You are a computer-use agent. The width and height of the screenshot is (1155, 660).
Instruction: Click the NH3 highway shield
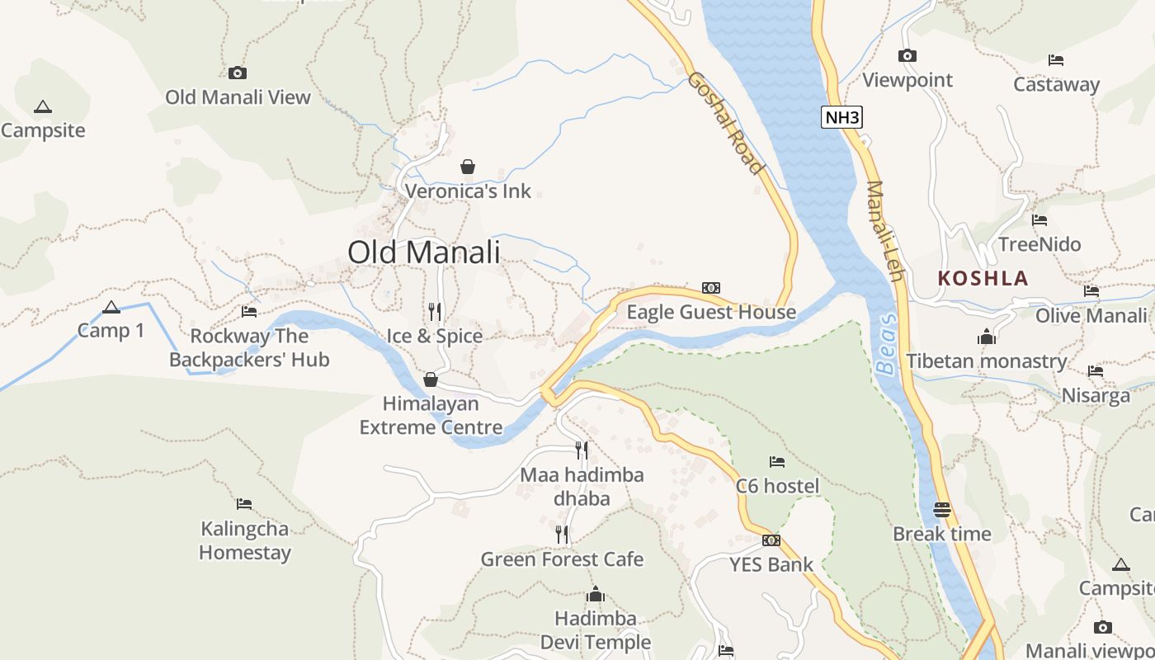842,117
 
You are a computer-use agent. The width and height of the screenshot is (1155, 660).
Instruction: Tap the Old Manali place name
423,252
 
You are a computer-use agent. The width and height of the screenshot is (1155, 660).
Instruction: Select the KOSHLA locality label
983,278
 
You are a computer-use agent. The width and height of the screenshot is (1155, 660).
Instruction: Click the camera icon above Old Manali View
238,73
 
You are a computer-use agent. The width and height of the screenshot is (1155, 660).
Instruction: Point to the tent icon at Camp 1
111,308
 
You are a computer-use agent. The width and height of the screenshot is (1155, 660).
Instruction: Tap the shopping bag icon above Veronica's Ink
468,167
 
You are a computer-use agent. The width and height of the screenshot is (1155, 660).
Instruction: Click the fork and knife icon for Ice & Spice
435,311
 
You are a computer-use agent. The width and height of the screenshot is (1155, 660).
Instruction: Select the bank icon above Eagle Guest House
710,287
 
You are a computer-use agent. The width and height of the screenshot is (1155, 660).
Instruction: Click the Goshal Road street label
726,123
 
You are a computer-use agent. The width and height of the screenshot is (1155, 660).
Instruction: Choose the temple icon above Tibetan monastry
986,337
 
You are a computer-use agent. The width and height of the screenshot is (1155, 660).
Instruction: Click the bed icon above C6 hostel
776,461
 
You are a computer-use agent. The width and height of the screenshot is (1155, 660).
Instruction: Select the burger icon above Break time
942,509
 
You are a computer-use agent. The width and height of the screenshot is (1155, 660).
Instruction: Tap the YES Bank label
771,565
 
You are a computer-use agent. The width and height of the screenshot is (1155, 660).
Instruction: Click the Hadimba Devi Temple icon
595,594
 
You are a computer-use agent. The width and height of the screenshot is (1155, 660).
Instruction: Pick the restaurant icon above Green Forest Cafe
562,535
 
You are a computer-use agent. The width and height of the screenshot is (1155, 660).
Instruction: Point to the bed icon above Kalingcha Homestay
243,503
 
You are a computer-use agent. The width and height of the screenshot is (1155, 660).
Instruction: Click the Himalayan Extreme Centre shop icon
430,379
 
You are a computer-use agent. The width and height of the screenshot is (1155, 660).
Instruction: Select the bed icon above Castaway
1055,59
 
